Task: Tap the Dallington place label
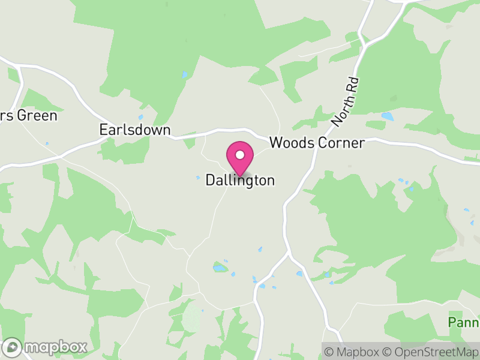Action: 240,180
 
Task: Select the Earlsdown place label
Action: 135,130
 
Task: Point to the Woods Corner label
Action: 317,143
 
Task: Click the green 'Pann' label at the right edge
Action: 464,323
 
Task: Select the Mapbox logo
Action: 46,347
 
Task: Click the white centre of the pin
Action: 240,155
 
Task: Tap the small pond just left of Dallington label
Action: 198,177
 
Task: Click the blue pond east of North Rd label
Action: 388,116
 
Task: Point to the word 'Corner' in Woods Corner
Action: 343,143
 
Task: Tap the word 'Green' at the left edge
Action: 38,115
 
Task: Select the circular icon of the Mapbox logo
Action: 13,347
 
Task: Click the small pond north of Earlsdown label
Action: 141,117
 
